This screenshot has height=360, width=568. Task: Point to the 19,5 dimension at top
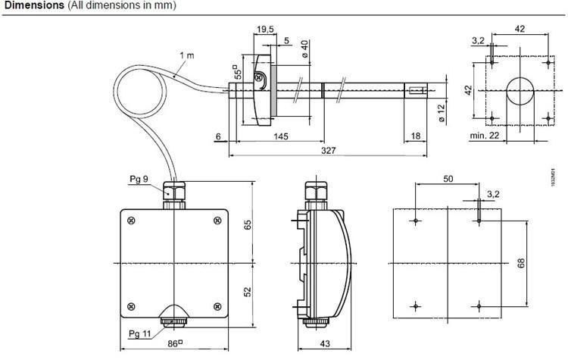[x=265, y=30]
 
